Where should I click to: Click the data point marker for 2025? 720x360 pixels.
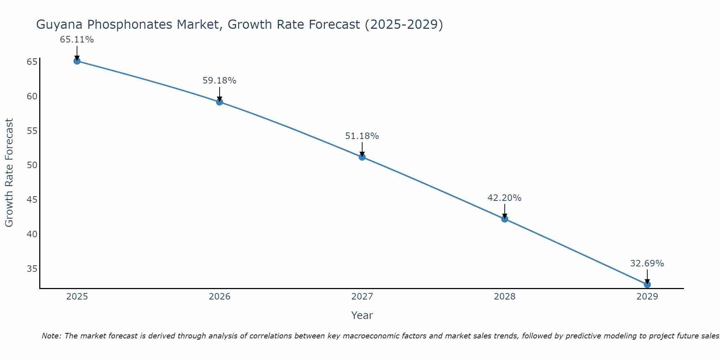(77, 61)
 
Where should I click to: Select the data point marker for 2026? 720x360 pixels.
(219, 102)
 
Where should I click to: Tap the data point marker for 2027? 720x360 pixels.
(362, 157)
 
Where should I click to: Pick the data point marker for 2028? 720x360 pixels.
(504, 219)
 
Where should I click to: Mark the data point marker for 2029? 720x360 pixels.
(647, 284)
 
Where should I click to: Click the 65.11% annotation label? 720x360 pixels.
(77, 40)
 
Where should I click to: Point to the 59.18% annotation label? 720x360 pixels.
(219, 81)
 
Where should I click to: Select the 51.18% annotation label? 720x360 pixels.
(362, 136)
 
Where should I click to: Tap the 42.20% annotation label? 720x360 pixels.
(504, 198)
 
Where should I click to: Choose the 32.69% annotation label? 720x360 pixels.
(647, 264)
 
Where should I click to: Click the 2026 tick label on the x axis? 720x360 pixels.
(220, 297)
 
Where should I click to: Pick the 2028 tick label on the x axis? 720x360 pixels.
(504, 297)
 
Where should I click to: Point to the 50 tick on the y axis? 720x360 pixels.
(32, 165)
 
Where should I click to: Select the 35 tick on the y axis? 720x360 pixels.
(32, 269)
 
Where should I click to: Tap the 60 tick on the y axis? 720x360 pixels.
(32, 96)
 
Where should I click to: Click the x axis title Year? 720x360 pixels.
(362, 315)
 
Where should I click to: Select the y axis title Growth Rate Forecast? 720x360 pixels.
(9, 172)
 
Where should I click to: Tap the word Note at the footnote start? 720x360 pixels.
(51, 336)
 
